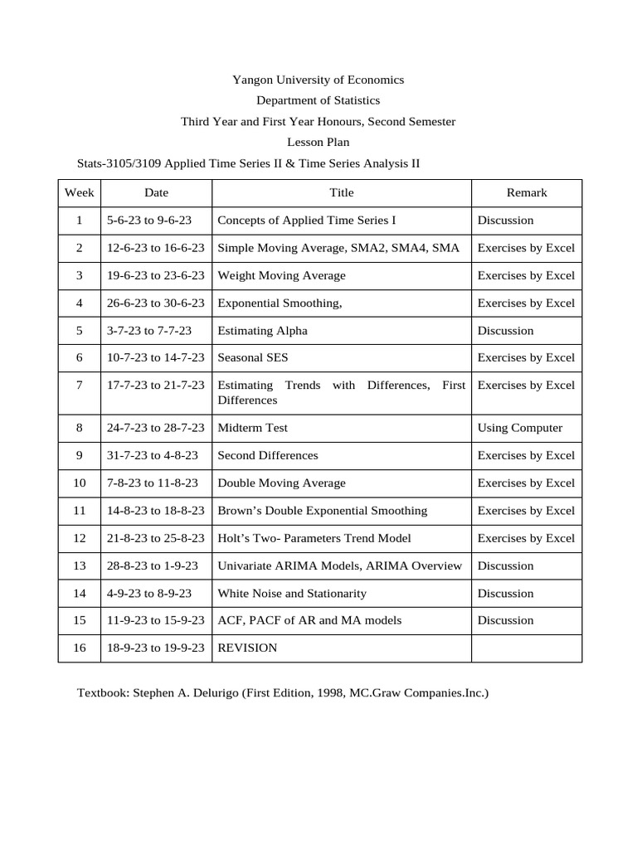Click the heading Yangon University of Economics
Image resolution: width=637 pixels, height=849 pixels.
318,80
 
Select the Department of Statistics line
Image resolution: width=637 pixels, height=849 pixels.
318,100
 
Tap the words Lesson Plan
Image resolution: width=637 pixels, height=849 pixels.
318,142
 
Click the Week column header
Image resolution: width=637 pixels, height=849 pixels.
79,192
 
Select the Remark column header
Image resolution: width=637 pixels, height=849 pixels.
527,192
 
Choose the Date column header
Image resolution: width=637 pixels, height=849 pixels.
156,192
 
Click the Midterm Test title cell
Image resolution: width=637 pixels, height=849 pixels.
252,428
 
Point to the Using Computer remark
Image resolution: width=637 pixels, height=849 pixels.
519,428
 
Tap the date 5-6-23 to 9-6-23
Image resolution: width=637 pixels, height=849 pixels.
149,221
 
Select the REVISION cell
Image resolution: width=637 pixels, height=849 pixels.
247,648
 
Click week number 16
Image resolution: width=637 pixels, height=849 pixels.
79,648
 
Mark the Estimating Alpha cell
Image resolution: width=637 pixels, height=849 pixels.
262,331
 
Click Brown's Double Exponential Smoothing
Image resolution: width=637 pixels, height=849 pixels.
322,511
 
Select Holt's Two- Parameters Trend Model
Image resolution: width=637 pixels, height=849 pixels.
314,538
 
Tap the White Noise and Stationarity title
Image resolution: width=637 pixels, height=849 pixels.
291,594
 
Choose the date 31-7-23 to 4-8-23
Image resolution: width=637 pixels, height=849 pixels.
153,455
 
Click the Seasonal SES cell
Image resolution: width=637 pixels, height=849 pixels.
253,358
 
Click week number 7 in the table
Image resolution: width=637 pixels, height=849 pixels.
79,386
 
